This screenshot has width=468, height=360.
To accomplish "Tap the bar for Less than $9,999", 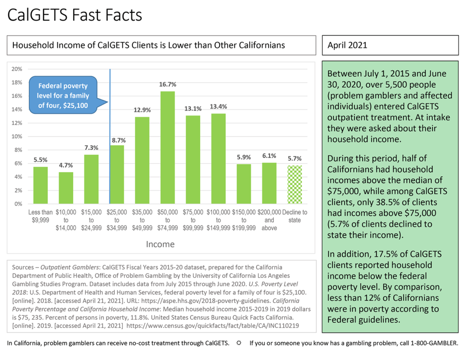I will pyautogui.click(x=40, y=185).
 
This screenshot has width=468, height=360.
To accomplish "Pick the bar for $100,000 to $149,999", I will pyautogui.click(x=218, y=158).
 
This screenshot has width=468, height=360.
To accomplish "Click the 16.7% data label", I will pyautogui.click(x=168, y=85).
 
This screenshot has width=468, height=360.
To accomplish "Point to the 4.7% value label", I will pyautogui.click(x=66, y=165).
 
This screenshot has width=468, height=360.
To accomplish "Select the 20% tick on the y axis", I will pyautogui.click(x=17, y=69).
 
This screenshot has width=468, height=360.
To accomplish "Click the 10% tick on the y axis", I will pyautogui.click(x=17, y=137).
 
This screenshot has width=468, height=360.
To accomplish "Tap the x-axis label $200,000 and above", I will pyautogui.click(x=269, y=220).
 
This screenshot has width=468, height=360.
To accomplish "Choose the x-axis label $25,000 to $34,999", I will pyautogui.click(x=117, y=220).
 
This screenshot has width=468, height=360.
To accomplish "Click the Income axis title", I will pyautogui.click(x=160, y=244).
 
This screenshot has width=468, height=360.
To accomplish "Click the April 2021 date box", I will pyautogui.click(x=390, y=45).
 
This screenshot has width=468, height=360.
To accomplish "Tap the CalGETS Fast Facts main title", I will pyautogui.click(x=75, y=15).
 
